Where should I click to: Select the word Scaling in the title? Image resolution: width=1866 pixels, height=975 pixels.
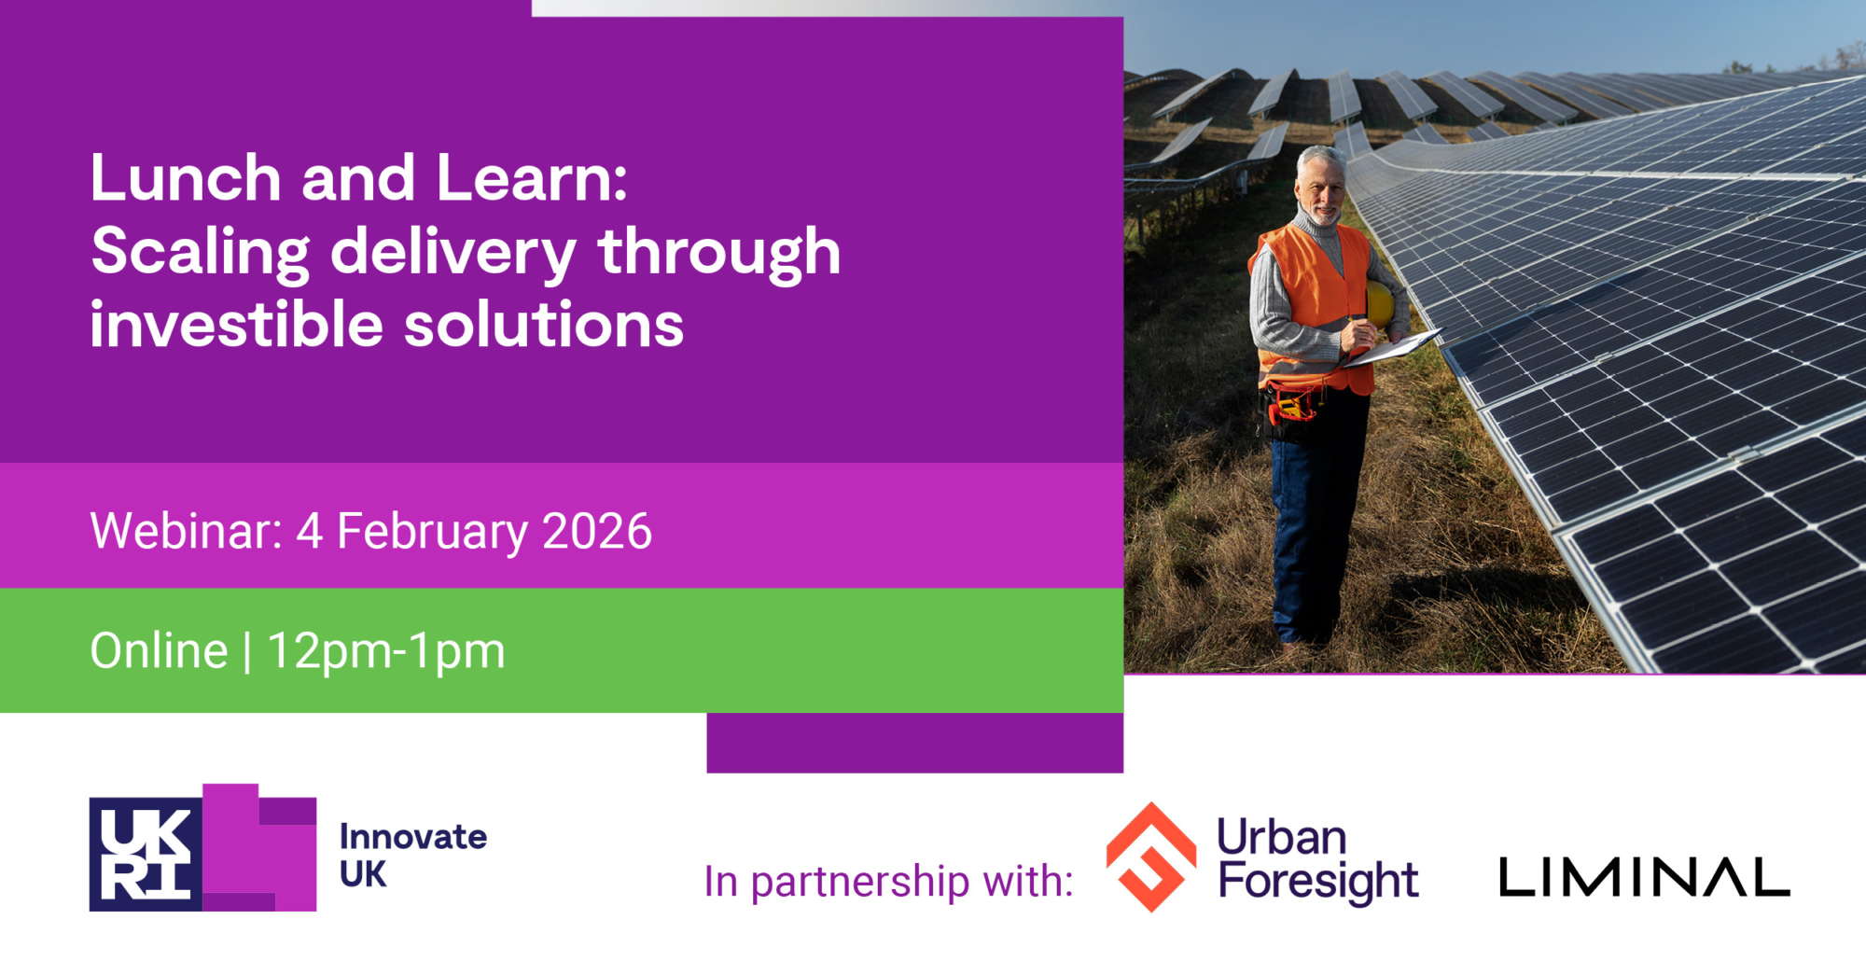(201, 254)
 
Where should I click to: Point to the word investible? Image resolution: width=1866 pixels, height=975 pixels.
(237, 325)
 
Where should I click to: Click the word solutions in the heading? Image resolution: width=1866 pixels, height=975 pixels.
(544, 325)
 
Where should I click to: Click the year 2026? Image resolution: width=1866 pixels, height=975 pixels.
(597, 531)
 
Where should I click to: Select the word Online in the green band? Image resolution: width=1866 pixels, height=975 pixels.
(160, 650)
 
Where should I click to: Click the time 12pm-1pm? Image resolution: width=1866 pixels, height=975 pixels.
(386, 652)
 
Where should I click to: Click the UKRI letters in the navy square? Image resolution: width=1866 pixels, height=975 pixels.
(146, 854)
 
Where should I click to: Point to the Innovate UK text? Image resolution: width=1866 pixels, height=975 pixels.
(413, 856)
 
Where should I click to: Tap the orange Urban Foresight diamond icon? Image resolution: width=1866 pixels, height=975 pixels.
(1151, 857)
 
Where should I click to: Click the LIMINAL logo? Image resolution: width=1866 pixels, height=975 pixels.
(1645, 878)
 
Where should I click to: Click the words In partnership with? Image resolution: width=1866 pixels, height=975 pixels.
(889, 882)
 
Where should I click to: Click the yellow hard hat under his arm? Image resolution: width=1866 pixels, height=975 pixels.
(1380, 304)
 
